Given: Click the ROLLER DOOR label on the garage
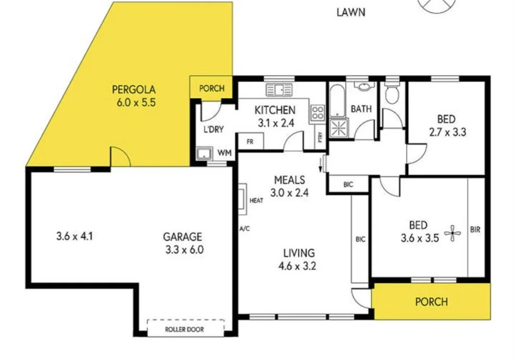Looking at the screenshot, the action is point(184,329).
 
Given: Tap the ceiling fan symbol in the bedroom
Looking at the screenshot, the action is point(452,233).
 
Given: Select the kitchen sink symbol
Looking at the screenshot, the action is point(279,90).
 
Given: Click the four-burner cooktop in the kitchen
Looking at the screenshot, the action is point(317,112).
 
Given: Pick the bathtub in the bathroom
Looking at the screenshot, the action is point(337,101).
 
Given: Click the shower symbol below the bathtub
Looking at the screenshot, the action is point(338,127).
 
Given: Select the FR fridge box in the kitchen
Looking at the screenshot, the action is point(250,141).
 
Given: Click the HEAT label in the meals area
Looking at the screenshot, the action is point(256,201).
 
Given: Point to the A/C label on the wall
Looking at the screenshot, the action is point(244,229).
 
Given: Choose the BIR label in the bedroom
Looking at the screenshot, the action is point(475,230).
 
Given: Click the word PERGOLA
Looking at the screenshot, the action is point(134,89).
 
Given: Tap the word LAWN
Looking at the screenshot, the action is point(351,12).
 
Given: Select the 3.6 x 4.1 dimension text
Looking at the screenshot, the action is point(74,236).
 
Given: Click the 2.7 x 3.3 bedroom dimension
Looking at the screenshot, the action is point(447,132).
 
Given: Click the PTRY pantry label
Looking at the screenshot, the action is point(320,137).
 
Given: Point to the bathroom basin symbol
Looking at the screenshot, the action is point(364,86).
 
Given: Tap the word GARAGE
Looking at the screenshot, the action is point(183,236).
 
